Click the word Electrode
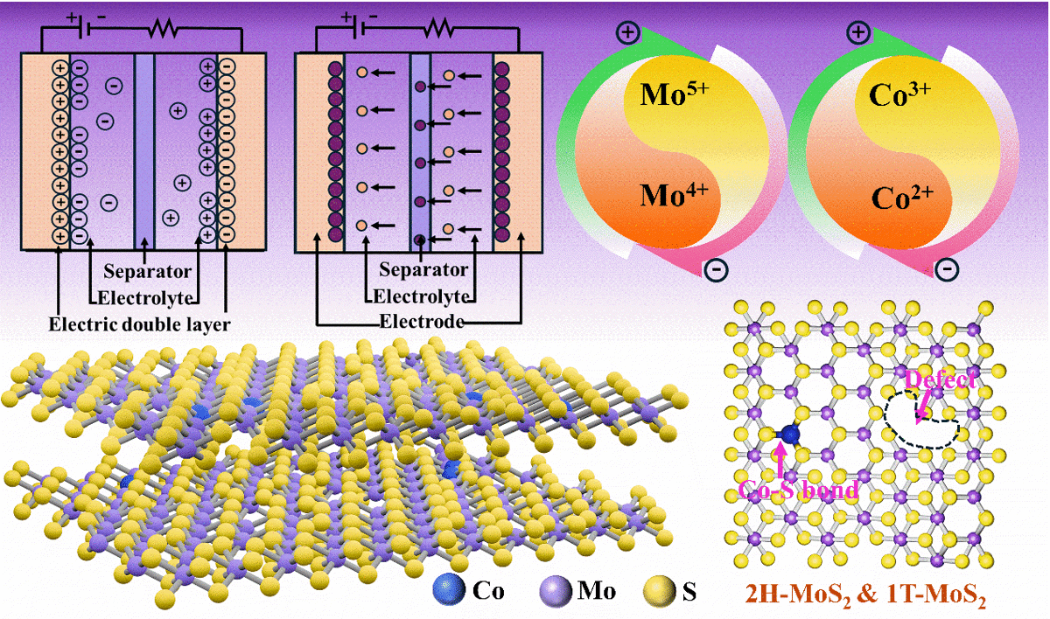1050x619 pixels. tap(421, 323)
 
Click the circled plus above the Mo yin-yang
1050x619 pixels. tap(627, 33)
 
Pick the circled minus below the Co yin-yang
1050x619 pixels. tap(946, 268)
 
